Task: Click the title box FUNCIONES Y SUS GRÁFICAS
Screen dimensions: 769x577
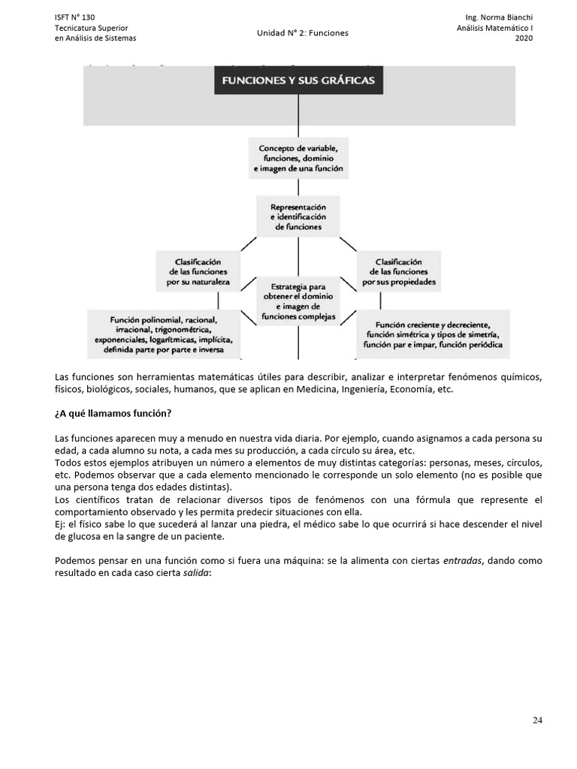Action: [299, 80]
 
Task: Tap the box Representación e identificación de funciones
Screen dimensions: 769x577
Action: [299, 216]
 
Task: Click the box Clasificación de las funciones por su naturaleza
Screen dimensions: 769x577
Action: [197, 272]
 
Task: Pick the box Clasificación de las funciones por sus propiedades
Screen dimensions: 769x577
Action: [398, 272]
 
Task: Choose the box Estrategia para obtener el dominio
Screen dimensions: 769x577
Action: [299, 301]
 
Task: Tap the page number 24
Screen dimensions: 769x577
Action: [537, 720]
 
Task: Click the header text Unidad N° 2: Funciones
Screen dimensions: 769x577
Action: [303, 33]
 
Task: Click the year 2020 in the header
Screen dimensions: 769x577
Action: [524, 38]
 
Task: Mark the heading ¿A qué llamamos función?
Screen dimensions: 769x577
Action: [113, 414]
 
